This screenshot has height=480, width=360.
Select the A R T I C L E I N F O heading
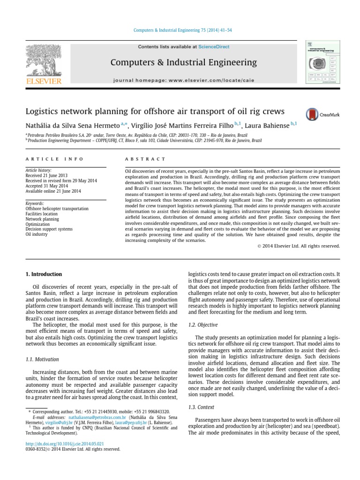(x=55, y=159)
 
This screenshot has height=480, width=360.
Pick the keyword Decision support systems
(x=49, y=229)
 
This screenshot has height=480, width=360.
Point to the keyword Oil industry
(x=37, y=234)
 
